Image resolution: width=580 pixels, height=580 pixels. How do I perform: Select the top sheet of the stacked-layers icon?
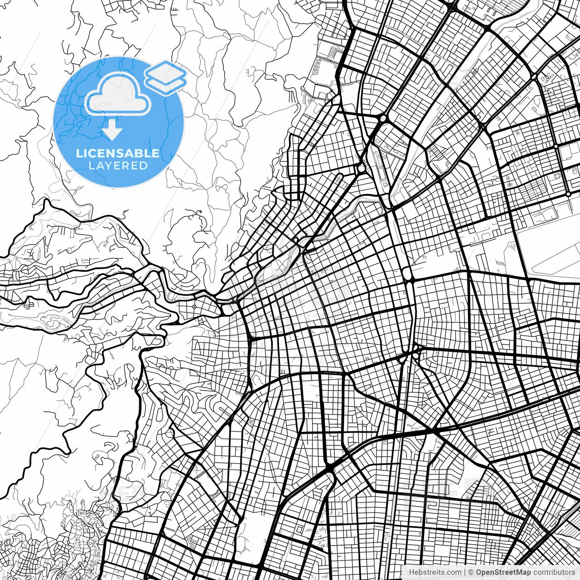tap(165, 72)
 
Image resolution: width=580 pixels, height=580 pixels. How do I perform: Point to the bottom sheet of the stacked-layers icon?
tap(166, 85)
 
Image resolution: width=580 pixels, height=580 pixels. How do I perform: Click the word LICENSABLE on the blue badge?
tap(118, 153)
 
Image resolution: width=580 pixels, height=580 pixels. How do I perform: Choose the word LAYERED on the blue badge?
tap(118, 166)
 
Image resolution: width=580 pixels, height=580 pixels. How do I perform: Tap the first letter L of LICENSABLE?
tap(79, 153)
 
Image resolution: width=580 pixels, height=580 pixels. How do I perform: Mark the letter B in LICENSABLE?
tap(138, 153)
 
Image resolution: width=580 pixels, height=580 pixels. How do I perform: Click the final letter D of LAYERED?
tap(143, 166)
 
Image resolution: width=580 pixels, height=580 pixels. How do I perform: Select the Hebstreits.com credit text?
tap(435, 572)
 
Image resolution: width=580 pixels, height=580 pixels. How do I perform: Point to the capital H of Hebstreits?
tap(411, 572)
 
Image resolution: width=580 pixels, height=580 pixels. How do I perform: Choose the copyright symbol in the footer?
tap(471, 572)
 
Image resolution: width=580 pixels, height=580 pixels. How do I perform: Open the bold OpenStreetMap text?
tap(503, 572)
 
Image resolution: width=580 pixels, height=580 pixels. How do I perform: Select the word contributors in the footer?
tap(554, 572)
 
